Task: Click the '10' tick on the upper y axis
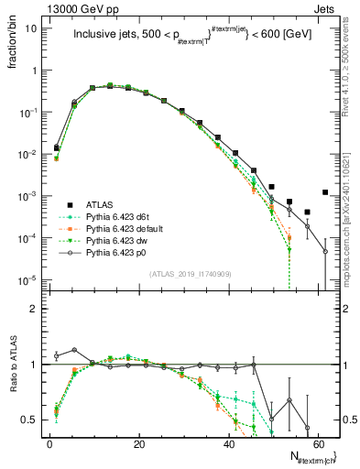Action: pyautogui.click(x=31, y=28)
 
